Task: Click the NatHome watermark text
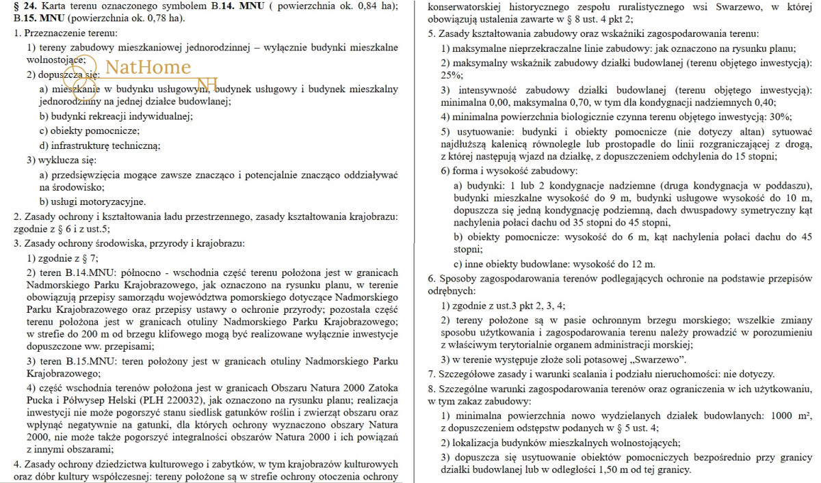click(148, 67)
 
